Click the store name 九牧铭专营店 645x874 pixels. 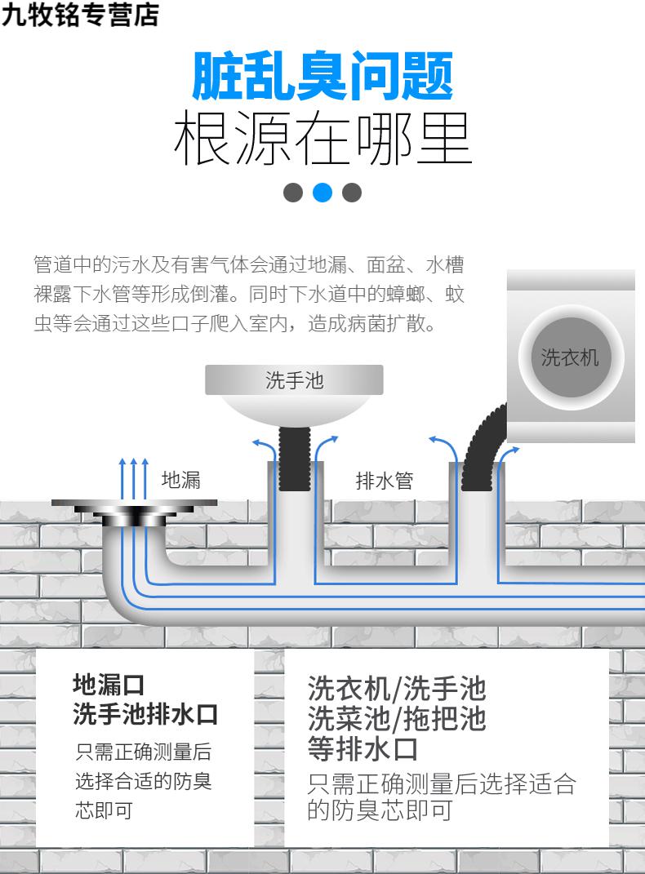click(80, 15)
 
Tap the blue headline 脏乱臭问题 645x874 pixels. click(322, 77)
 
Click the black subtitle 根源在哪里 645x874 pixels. click(322, 139)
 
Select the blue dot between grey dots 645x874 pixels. click(322, 193)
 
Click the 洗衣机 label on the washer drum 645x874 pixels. click(570, 357)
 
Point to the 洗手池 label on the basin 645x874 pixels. click(294, 380)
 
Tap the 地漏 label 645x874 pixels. click(180, 480)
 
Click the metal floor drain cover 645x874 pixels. click(135, 507)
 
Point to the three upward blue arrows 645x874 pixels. click(134, 478)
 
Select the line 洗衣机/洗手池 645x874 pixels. click(397, 689)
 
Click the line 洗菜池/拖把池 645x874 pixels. click(397, 718)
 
